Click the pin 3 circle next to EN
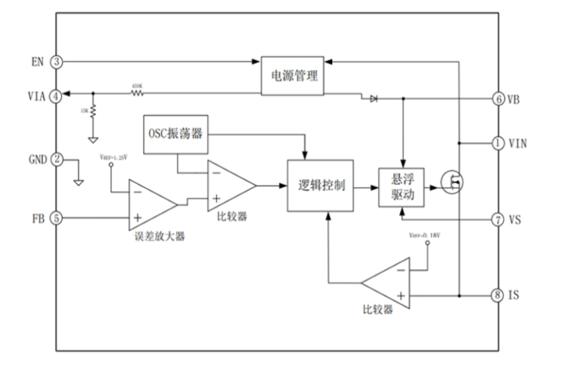tap(56, 62)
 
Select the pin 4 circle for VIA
tap(56, 95)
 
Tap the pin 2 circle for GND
tap(56, 159)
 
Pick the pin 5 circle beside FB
tap(56, 219)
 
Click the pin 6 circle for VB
tap(498, 98)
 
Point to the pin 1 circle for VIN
tap(498, 142)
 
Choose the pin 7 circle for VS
tap(498, 219)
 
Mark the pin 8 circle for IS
tap(498, 295)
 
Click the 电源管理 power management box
tap(293, 75)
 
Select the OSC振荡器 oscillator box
tap(174, 134)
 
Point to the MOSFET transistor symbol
tap(454, 183)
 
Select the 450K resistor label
tap(137, 86)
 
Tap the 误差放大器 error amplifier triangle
tap(151, 204)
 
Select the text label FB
tap(38, 219)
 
